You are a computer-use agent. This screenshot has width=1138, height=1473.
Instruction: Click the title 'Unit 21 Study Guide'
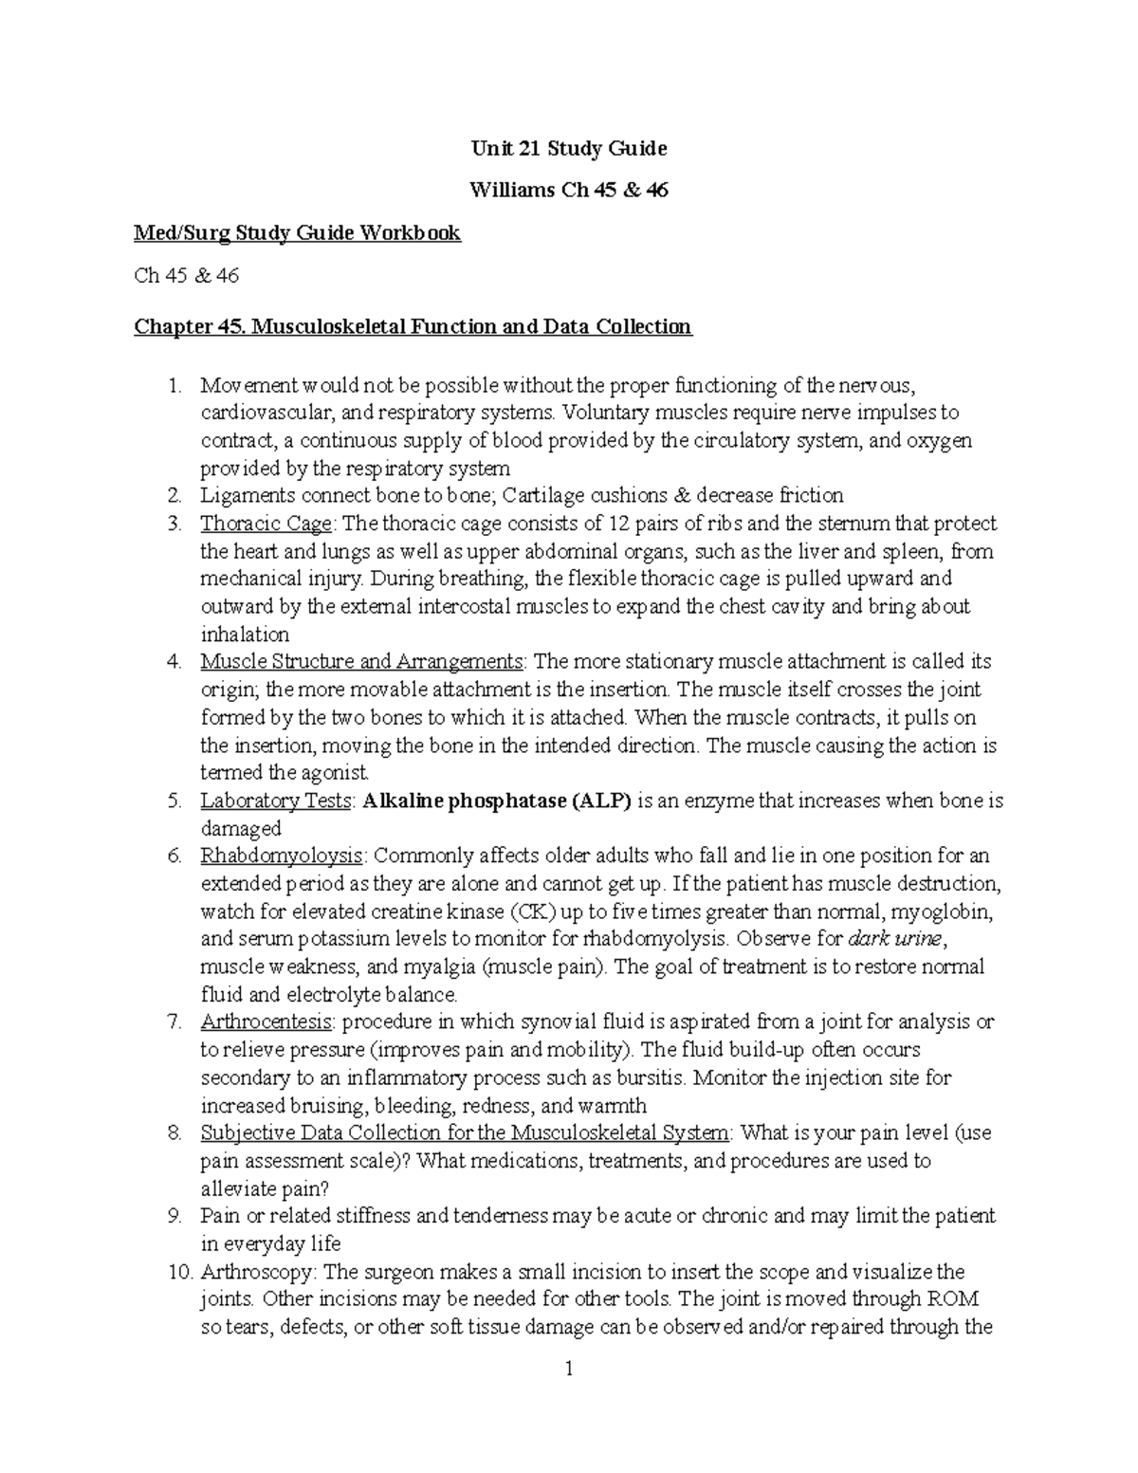click(569, 149)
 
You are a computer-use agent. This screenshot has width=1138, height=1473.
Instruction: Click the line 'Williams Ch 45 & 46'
click(569, 191)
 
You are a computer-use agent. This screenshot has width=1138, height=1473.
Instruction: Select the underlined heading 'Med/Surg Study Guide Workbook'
click(297, 233)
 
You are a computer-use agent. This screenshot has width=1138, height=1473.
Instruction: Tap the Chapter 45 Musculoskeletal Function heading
click(413, 327)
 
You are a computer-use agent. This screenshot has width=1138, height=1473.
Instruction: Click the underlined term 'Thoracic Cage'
click(266, 524)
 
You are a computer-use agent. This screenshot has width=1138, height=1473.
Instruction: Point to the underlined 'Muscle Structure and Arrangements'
click(361, 661)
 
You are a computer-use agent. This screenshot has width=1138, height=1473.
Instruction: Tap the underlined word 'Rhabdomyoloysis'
click(282, 856)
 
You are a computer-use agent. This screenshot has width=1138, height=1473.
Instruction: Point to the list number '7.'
click(174, 1022)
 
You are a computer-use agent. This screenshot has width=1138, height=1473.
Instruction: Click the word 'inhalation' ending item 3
click(245, 635)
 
